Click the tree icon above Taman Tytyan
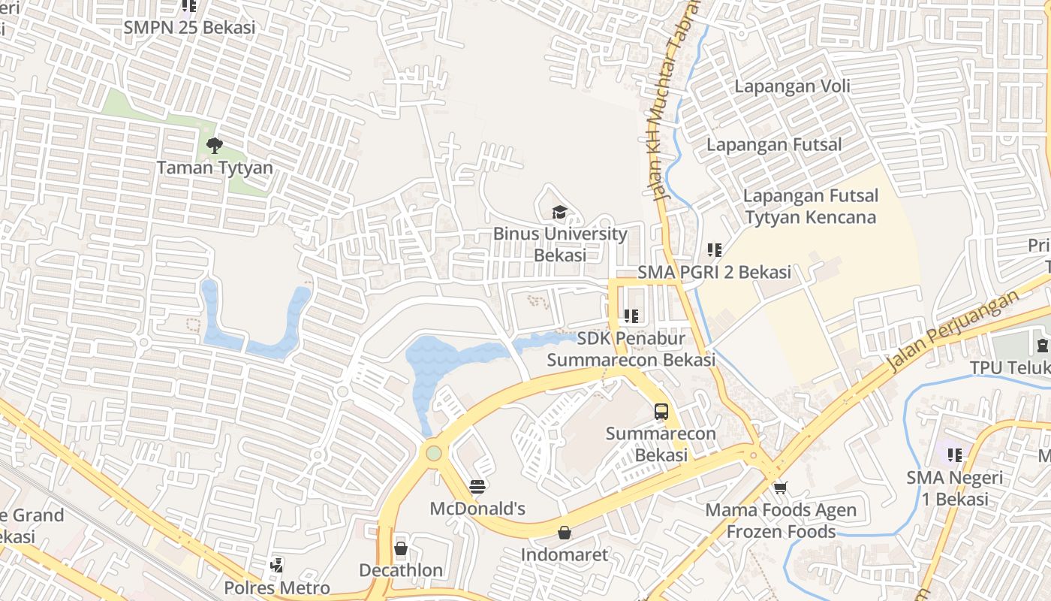[215, 145]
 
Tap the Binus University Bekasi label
[560, 244]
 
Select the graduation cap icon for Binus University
[559, 213]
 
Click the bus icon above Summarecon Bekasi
[661, 412]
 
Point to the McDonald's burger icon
[477, 487]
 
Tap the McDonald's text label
[477, 509]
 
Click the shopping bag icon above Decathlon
[401, 548]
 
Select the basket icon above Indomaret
[565, 533]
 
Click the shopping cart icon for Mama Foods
[781, 488]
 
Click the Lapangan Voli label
[792, 86]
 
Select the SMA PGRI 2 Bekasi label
[714, 272]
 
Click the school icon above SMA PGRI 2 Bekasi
[714, 249]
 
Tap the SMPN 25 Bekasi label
[189, 28]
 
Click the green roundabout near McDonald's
[433, 453]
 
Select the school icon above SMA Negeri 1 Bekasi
[954, 455]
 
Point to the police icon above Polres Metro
[276, 565]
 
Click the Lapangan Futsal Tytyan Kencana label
[810, 207]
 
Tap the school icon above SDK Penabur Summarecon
[631, 316]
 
